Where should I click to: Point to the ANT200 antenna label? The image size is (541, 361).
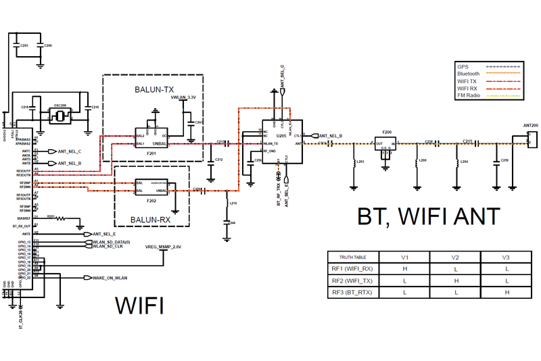pos(531,126)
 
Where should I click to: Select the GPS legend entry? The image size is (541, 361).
pos(463,66)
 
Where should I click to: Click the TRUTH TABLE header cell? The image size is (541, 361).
pos(353,258)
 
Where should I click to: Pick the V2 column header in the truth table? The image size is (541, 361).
pos(455,258)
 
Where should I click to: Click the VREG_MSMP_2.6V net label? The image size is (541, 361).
pos(164,247)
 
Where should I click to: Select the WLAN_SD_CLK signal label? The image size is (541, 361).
pos(108,246)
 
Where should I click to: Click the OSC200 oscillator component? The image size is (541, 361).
pos(60,116)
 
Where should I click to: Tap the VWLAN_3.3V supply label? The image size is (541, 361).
pos(183,98)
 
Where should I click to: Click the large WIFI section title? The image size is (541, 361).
pos(140,306)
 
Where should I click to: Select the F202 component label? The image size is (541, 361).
pos(151,201)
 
